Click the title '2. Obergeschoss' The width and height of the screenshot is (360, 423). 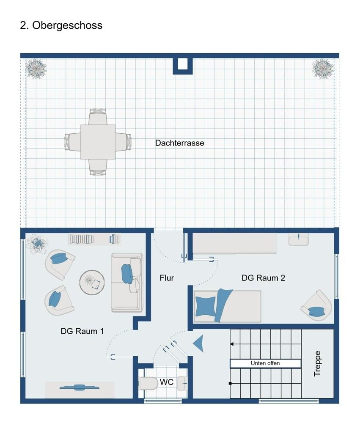(61, 25)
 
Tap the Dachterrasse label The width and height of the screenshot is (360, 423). (179, 143)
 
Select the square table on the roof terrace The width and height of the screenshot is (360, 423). (98, 142)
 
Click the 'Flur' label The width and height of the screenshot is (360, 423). (167, 278)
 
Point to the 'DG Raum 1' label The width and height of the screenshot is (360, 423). (82, 331)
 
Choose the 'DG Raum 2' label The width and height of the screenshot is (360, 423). (263, 278)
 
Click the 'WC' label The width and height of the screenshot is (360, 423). (167, 382)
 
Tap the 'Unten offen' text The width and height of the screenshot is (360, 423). (265, 363)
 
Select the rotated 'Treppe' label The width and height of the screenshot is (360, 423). (317, 363)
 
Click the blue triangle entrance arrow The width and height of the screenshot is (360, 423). (199, 343)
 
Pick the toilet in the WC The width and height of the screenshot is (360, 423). (148, 383)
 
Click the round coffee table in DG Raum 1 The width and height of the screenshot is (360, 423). (92, 283)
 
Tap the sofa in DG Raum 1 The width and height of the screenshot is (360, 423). (127, 283)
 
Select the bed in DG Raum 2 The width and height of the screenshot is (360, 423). (228, 306)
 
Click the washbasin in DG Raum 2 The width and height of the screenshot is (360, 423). (299, 239)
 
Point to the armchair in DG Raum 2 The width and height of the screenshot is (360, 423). (316, 305)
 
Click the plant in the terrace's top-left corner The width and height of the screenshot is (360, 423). (36, 69)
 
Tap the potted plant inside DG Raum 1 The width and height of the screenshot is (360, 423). (37, 244)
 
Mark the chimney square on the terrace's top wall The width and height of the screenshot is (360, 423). (183, 64)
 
